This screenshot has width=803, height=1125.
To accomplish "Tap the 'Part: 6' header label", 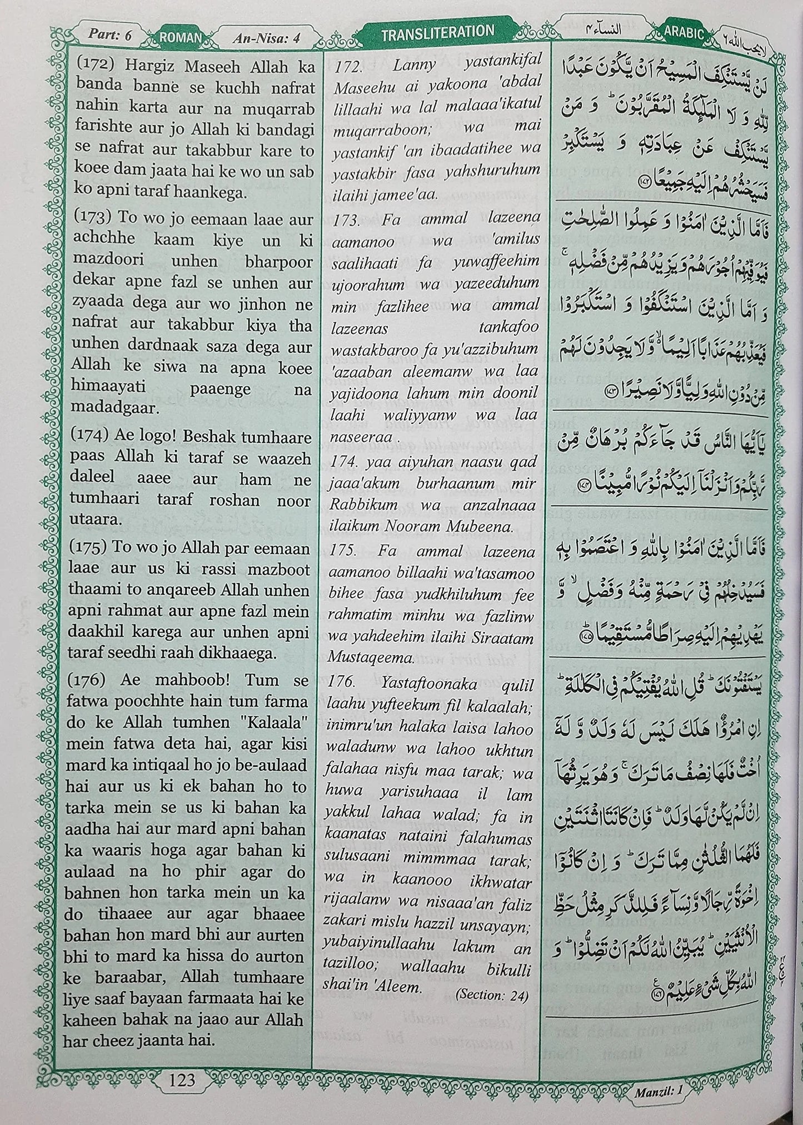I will [110, 34].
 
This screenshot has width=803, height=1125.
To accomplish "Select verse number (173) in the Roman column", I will [96, 218].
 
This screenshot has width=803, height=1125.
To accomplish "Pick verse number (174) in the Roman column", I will [96, 437].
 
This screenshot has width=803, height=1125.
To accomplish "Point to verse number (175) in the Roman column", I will [96, 548].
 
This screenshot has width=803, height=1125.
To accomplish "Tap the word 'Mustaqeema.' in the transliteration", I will [371, 660].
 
